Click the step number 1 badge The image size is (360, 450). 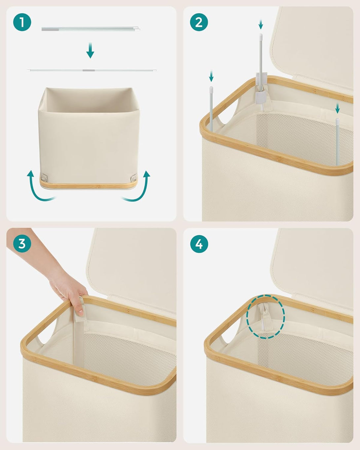click(22, 22)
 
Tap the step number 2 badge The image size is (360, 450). click(199, 22)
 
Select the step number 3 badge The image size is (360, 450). click(22, 244)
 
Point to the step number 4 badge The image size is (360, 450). click(199, 244)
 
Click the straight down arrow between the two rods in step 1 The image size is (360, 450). click(90, 50)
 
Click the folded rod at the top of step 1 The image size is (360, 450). click(90, 29)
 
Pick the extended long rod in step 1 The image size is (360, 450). click(91, 71)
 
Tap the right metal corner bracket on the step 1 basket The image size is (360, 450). click(133, 178)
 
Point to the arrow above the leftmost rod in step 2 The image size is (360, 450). click(211, 76)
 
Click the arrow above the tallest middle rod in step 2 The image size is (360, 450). click(261, 24)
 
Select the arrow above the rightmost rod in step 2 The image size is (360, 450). click(337, 108)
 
